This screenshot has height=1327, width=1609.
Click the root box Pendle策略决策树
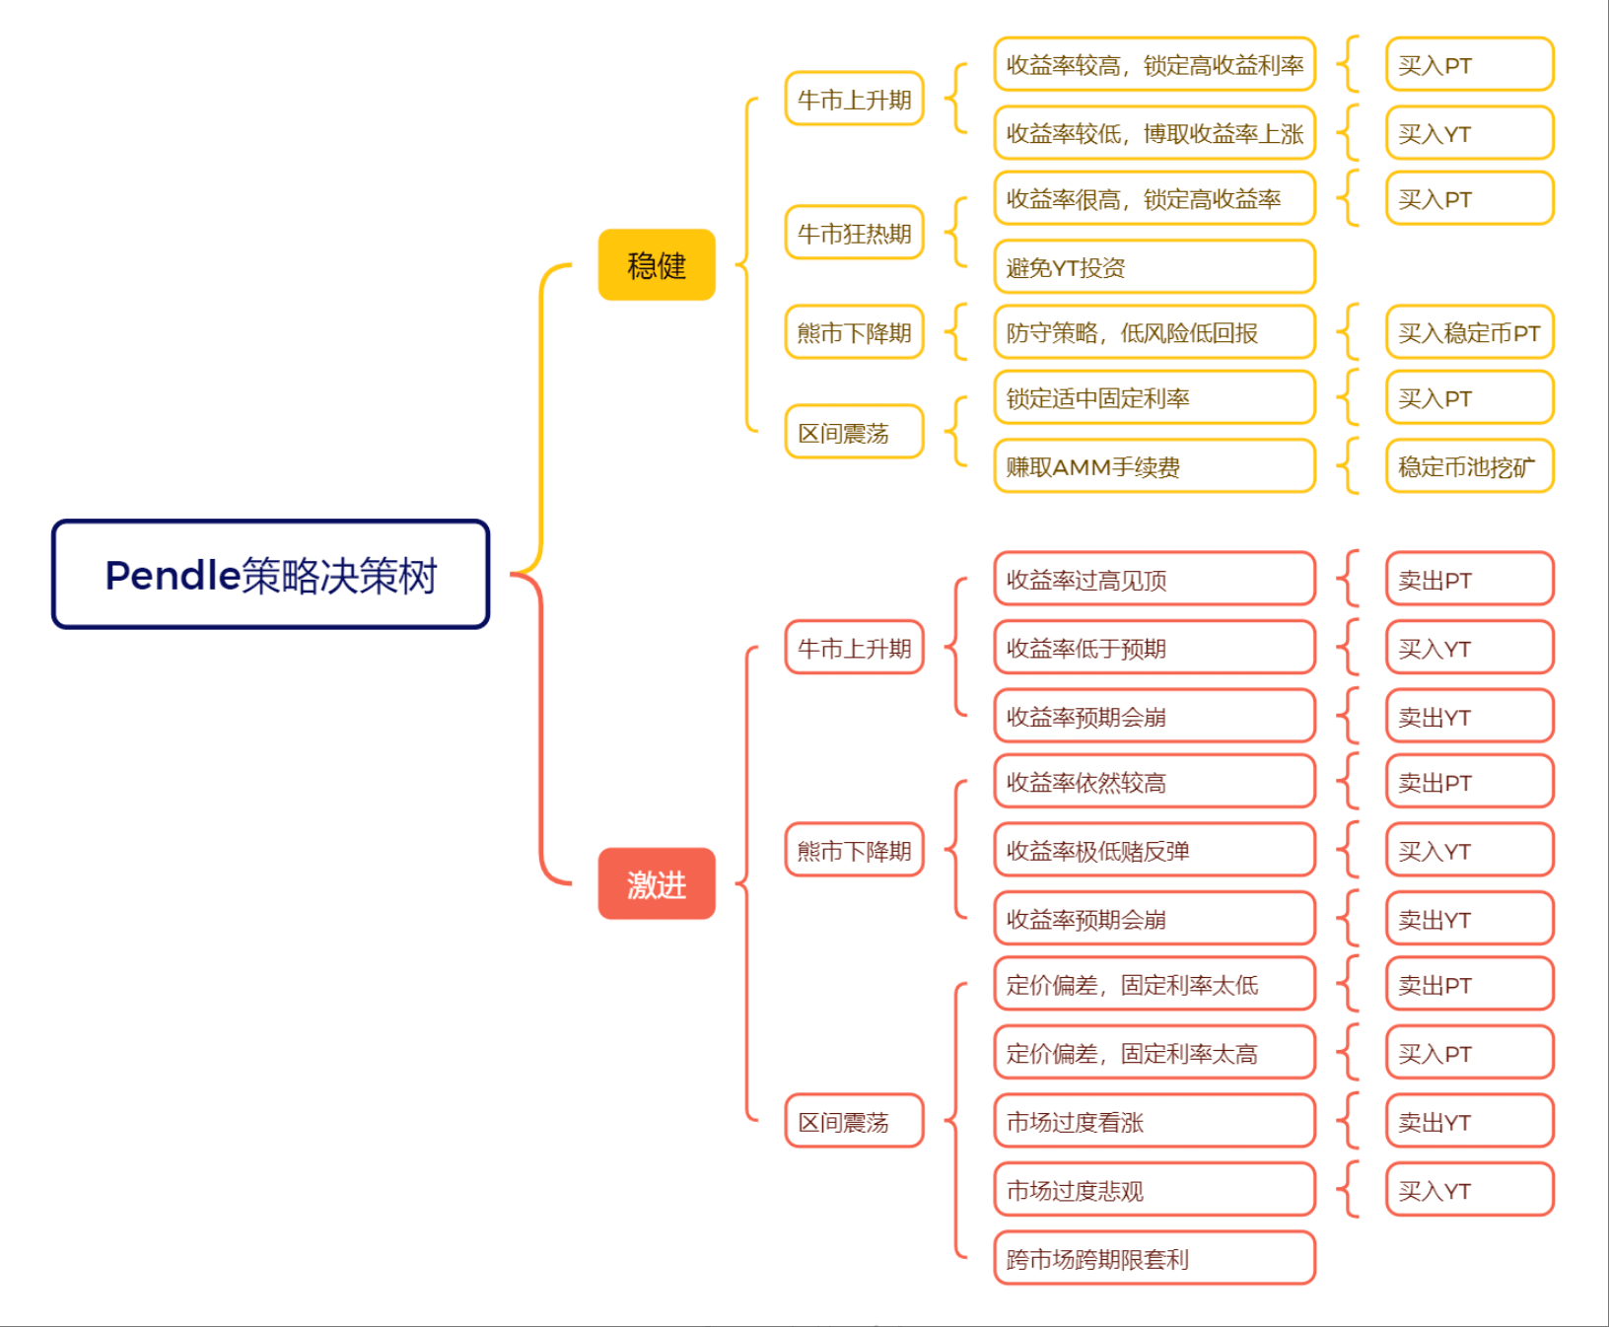271,574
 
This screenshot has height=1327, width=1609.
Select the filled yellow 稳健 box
657,264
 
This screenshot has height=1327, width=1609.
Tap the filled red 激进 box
657,883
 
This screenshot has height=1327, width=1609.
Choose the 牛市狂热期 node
855,233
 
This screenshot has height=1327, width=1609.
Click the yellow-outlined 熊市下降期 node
855,332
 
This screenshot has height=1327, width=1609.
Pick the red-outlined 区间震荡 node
855,1121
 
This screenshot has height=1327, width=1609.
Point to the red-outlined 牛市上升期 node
855,648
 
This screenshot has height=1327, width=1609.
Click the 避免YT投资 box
1154,266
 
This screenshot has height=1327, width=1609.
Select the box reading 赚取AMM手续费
1154,466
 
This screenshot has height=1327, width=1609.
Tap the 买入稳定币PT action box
1470,332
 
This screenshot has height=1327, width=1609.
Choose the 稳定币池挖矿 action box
1470,466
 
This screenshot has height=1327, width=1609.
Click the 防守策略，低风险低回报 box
1154,332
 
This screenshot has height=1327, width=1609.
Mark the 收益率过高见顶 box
1154,580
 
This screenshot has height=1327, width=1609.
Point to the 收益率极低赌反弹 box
1154,850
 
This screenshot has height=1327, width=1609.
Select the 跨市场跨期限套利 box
1154,1258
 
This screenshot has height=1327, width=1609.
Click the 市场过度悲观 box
1154,1190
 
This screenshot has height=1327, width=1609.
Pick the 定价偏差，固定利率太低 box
1154,984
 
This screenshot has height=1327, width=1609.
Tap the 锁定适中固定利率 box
1154,397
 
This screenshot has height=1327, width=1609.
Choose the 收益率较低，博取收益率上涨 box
1154,132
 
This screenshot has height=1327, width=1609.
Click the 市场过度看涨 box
1154,1121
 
